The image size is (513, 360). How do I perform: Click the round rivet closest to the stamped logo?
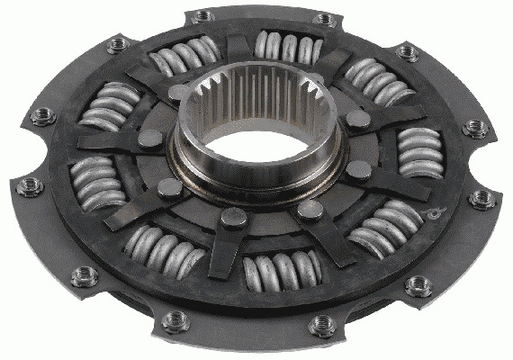point(359,169)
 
